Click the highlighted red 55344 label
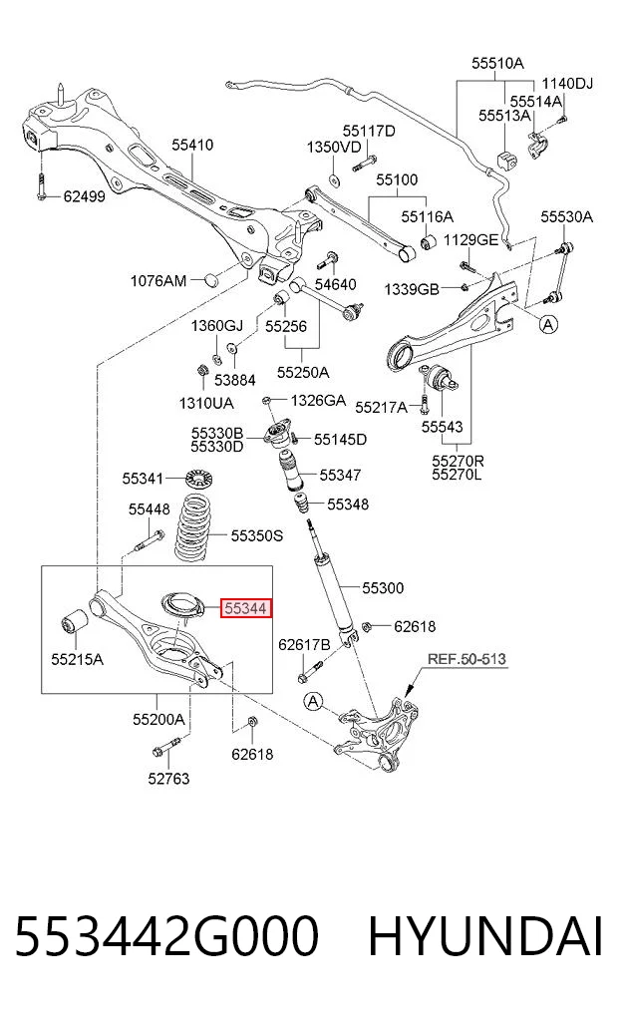coord(245,608)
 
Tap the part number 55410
coord(192,145)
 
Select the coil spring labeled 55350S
coord(199,527)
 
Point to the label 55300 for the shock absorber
coord(383,588)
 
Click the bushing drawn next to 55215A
coord(75,621)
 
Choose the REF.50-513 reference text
coord(466,660)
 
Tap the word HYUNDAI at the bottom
coord(485,936)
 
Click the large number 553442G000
coord(166,936)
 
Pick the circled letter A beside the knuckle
coord(314,701)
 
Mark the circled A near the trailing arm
coord(548,324)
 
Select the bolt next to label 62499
coord(41,186)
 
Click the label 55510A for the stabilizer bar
coord(497,63)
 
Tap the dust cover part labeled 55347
coord(291,473)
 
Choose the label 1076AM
coord(158,280)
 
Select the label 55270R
coord(458,461)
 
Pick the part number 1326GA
coord(318,400)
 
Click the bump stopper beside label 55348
coord(301,504)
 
